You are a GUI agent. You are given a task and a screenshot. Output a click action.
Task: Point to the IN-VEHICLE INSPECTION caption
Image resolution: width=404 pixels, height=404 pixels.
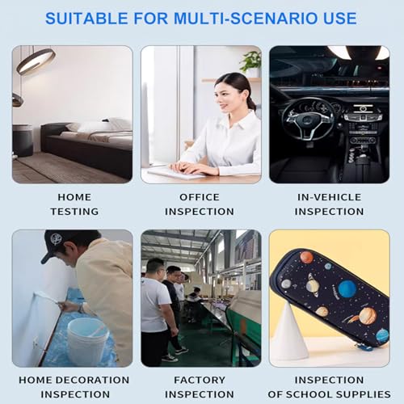[x=329, y=204]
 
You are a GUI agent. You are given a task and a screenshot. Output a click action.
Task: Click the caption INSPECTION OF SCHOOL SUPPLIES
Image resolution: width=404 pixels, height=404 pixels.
[x=329, y=387]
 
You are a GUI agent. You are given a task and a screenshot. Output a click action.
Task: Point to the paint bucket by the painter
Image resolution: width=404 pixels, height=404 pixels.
[x=88, y=339]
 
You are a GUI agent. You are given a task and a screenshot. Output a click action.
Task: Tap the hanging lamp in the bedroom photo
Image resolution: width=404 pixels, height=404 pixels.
[x=37, y=61]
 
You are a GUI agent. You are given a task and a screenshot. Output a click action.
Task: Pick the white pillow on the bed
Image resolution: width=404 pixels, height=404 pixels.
[x=86, y=126]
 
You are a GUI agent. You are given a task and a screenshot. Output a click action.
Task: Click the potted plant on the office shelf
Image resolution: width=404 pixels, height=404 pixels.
[x=251, y=62]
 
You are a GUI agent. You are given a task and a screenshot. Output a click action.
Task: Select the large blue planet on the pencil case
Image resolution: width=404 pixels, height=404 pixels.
[x=347, y=288]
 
